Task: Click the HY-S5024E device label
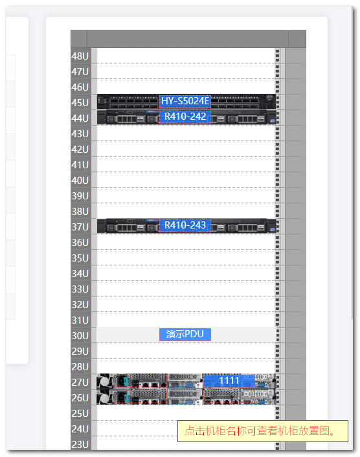(x=185, y=101)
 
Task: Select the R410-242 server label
(x=185, y=117)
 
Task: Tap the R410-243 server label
(x=185, y=225)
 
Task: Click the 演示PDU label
(x=185, y=334)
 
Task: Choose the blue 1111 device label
(x=229, y=381)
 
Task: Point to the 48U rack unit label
(x=80, y=56)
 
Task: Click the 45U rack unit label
(x=80, y=102)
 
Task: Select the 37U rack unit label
(x=80, y=227)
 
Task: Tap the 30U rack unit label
(x=80, y=335)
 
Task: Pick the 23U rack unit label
(x=80, y=445)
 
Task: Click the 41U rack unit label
(x=80, y=164)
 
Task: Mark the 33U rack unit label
(x=80, y=289)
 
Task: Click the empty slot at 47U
(x=186, y=71)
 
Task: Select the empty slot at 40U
(x=186, y=180)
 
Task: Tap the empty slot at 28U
(x=186, y=366)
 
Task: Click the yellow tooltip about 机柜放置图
(x=263, y=430)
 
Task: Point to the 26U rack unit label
(x=80, y=398)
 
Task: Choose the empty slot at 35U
(x=186, y=258)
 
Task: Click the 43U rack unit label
(x=80, y=134)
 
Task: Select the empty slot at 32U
(x=186, y=304)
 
